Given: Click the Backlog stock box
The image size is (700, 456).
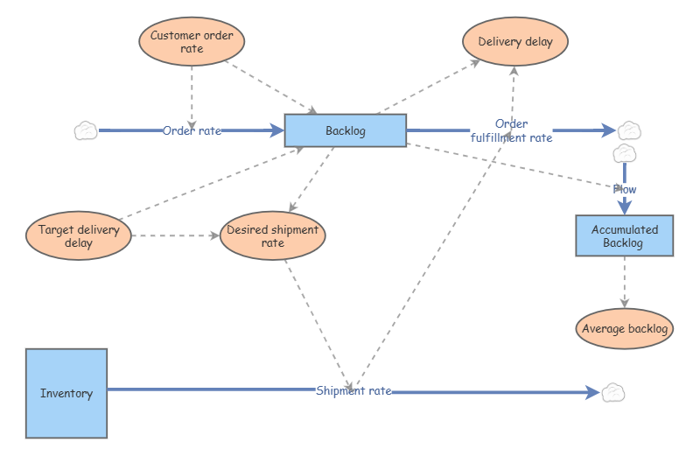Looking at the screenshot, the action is coord(346,130).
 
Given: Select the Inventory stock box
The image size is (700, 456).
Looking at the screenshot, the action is coord(66,393).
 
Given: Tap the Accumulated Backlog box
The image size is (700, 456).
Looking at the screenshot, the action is coord(625,235).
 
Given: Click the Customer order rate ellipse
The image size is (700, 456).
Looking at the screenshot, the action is coord(192,41).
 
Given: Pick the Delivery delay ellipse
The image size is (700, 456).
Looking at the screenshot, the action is coord(515,41).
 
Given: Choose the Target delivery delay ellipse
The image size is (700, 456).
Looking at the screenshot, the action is coord(79,235).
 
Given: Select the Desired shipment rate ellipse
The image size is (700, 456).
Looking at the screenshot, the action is coord(273,235).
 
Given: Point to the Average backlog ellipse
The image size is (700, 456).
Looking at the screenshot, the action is coord(625,329).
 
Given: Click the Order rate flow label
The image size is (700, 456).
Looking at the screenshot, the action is coord(192,131).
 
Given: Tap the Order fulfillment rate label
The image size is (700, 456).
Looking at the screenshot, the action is coord(512,131).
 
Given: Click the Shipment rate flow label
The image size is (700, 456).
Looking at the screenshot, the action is coord(353,390).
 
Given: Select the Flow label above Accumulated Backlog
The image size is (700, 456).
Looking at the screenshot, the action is coord(625,189).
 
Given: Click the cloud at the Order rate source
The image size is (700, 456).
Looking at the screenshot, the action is coord(86,131).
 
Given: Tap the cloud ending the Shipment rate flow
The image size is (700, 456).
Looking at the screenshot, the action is coord(613,393).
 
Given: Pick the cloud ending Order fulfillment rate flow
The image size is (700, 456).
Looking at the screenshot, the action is coord(629,130).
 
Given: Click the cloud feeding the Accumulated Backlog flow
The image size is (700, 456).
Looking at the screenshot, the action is coord(625,154).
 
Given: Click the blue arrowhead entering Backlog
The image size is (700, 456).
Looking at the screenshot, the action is coord(276,130).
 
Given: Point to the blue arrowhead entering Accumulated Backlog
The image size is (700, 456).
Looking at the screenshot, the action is coord(625,207).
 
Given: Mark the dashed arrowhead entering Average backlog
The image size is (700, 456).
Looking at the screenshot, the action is coord(625,304).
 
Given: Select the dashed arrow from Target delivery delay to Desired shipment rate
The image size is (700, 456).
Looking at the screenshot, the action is coord(176,235).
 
